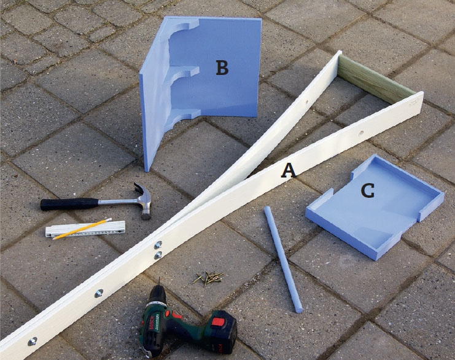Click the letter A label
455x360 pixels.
[289, 170]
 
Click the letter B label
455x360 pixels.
[222, 68]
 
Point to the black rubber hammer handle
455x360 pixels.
[69, 203]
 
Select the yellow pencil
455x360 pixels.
[82, 229]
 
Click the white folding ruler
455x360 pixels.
[85, 229]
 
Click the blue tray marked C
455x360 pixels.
[375, 207]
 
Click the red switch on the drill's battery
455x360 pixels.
[218, 322]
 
